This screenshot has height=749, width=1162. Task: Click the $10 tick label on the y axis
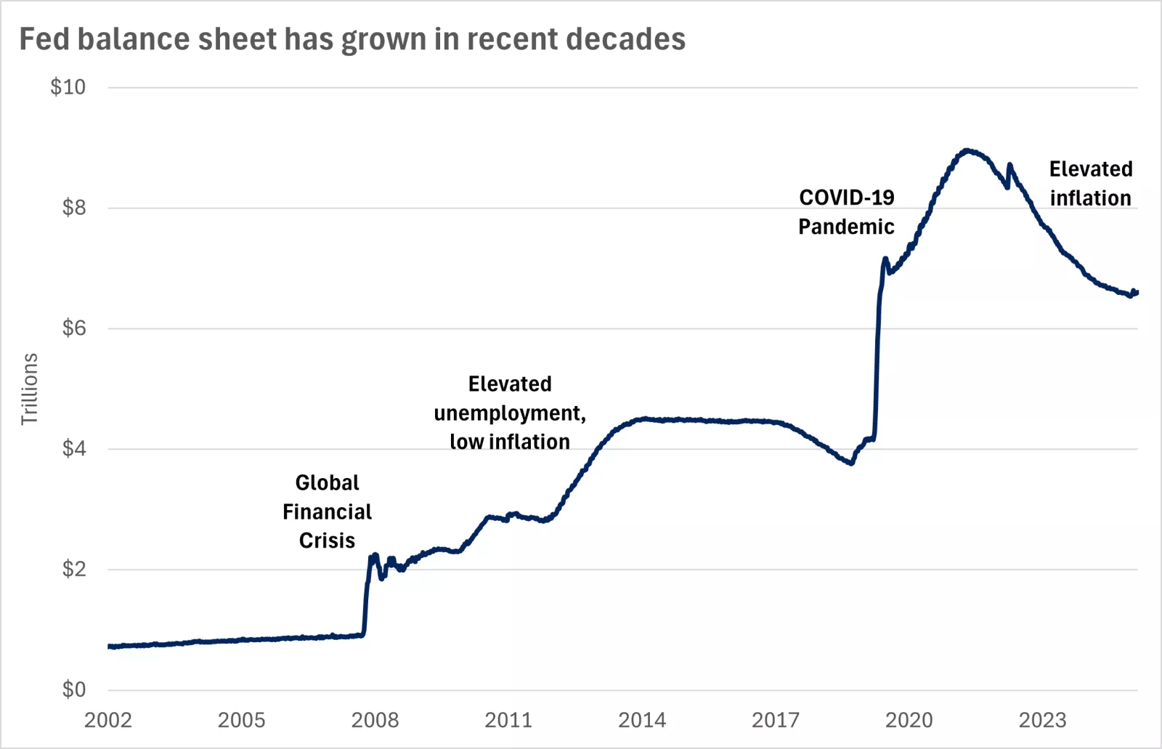tap(68, 87)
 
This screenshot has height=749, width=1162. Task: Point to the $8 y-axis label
tap(73, 208)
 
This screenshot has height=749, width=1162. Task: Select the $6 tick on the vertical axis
tap(73, 328)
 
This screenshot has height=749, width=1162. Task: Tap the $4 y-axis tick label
tap(73, 449)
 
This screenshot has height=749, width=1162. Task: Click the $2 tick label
tap(73, 569)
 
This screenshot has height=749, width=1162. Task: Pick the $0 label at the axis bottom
tap(73, 689)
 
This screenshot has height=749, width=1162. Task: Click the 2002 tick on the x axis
tap(108, 720)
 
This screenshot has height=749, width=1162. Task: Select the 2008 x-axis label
tap(375, 720)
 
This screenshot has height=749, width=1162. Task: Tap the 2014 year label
tap(642, 720)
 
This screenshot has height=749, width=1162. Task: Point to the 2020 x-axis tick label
tap(909, 720)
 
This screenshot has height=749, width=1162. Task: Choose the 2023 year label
tap(1042, 720)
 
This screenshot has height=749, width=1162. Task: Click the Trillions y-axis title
tap(30, 389)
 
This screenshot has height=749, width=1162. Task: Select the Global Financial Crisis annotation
tap(327, 511)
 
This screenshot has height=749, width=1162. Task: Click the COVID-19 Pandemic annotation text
tap(846, 212)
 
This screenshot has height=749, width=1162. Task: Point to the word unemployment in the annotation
tap(509, 413)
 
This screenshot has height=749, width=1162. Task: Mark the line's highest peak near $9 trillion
tap(966, 150)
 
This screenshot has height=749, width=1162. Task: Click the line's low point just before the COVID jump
tap(851, 463)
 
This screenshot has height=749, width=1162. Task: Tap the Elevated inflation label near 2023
tap(1090, 183)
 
